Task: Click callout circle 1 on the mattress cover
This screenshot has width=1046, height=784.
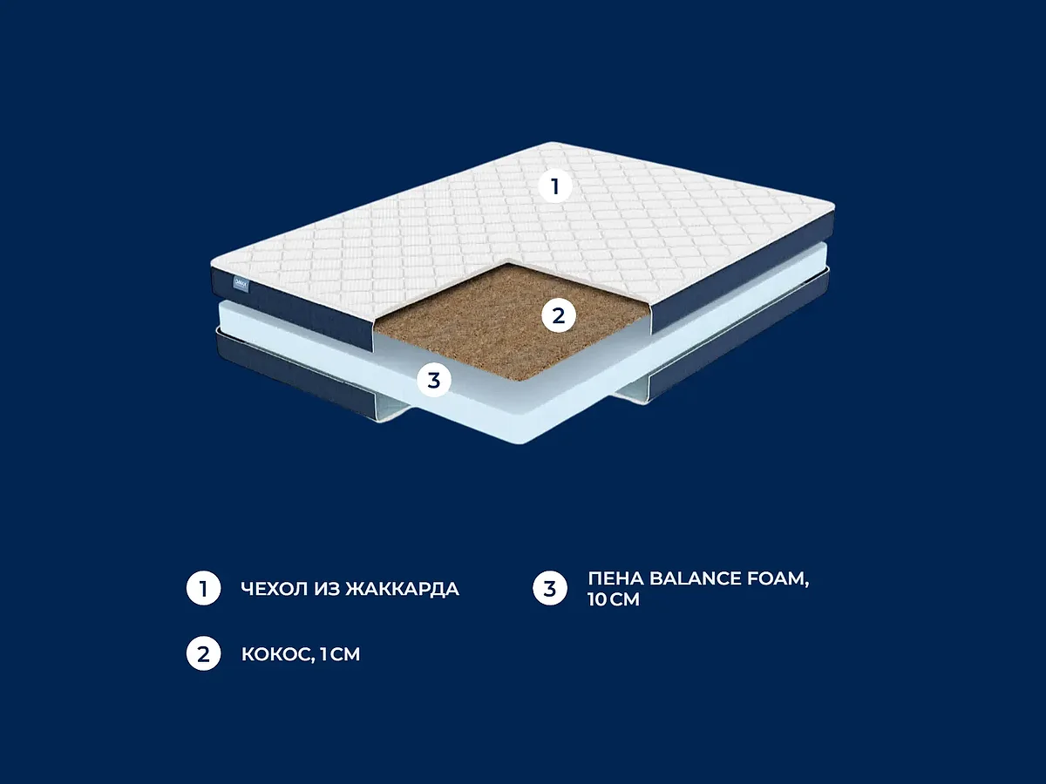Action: tap(555, 186)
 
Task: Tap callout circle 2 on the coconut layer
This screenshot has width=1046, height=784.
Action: tap(559, 315)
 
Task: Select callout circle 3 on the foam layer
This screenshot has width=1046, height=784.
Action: tap(434, 380)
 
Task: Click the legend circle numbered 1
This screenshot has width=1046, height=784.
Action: tap(203, 588)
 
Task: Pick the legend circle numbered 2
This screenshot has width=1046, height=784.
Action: tap(203, 653)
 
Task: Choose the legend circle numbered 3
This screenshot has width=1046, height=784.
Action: tap(550, 588)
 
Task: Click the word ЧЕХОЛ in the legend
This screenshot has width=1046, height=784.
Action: tap(274, 589)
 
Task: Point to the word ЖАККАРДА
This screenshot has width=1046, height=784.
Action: tap(402, 590)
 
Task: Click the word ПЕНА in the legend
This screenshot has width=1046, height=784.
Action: tap(615, 578)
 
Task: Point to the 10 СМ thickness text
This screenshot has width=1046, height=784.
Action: tap(614, 599)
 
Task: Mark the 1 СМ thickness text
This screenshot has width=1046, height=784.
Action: tap(340, 654)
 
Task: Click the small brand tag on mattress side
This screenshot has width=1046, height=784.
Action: tap(241, 284)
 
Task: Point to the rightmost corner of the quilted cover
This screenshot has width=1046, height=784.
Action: tap(834, 207)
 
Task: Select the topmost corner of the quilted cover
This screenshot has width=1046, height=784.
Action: tap(552, 142)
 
